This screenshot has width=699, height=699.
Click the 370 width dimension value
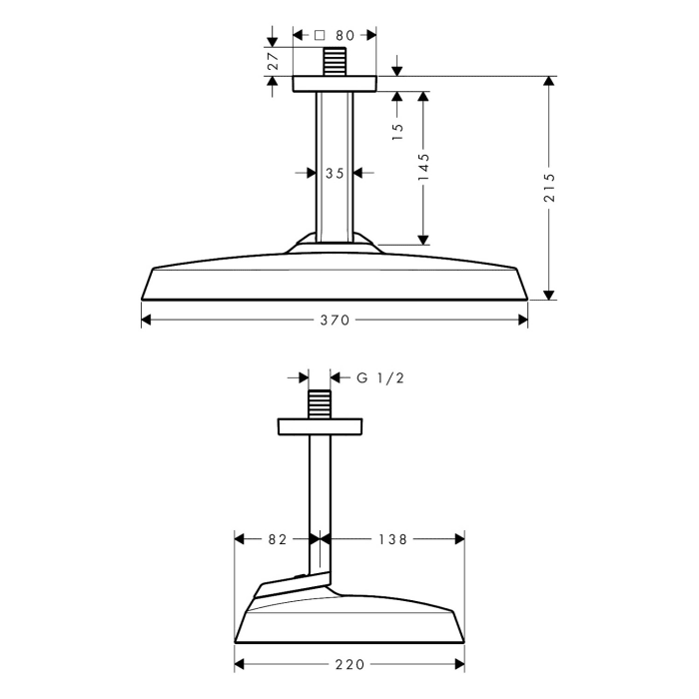pyautogui.click(x=335, y=321)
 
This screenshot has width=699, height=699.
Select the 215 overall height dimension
pyautogui.click(x=549, y=188)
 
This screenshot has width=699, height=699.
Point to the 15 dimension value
pyautogui.click(x=396, y=128)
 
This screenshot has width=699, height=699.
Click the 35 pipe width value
pyautogui.click(x=335, y=173)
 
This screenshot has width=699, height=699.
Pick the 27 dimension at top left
pyautogui.click(x=273, y=61)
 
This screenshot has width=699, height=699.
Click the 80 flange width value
pyautogui.click(x=345, y=35)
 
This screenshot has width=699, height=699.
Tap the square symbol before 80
pyautogui.click(x=320, y=35)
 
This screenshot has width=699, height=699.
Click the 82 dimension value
pyautogui.click(x=278, y=539)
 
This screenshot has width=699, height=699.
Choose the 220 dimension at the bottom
pyautogui.click(x=349, y=664)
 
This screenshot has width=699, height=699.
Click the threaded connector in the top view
pyautogui.click(x=335, y=61)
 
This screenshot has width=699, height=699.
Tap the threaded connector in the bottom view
pyautogui.click(x=320, y=405)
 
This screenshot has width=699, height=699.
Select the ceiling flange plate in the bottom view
pyautogui.click(x=320, y=427)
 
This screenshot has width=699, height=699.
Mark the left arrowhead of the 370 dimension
pyautogui.click(x=146, y=321)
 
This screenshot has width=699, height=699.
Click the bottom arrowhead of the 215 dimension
pyautogui.click(x=549, y=295)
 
